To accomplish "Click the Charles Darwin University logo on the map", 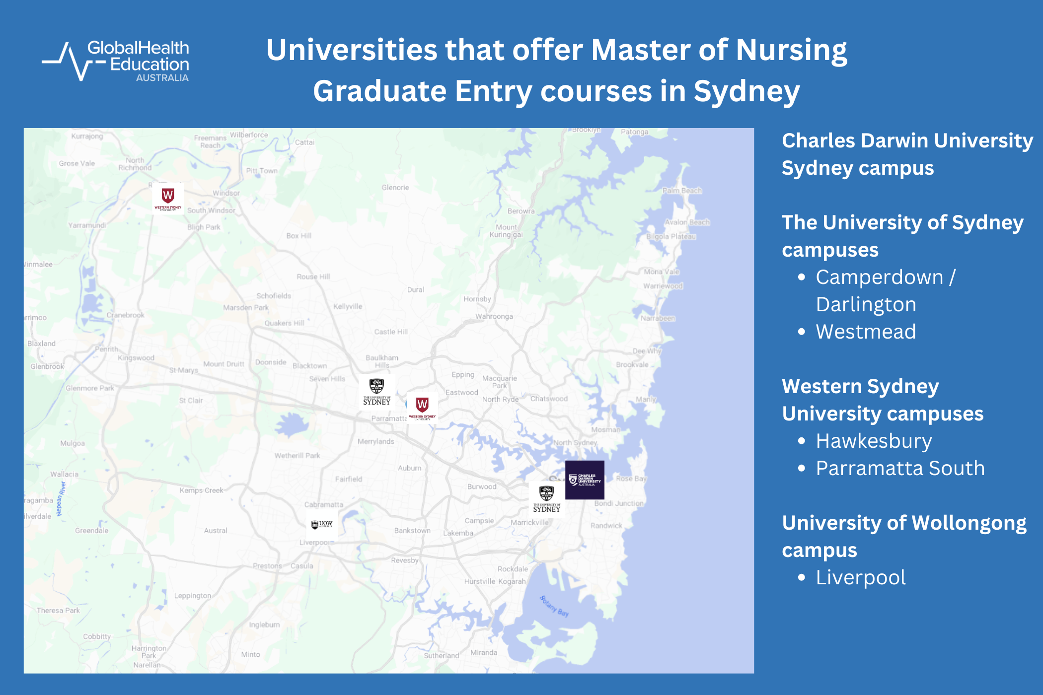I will point(585,480).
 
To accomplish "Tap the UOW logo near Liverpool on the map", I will point(322,524).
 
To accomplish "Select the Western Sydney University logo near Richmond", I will point(168,198).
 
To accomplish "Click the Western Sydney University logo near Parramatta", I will point(422,408).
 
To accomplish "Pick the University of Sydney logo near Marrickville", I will point(546,499).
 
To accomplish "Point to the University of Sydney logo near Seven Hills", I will point(376,392).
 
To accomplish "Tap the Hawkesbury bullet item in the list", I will point(874,441).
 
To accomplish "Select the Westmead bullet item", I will point(866,332).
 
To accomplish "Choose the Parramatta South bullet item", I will point(900,468).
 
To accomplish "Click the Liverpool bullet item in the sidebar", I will point(861,577).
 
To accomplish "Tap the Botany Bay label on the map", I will point(554,606).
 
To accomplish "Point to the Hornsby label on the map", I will point(477,299).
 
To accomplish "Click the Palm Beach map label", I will point(682,191).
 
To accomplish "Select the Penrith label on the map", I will point(107,349).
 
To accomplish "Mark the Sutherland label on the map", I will point(441,655).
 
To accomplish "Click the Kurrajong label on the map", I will point(87,136).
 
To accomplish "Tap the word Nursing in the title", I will point(791,51).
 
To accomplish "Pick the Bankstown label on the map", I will point(412,531).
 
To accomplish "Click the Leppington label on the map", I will point(192,596).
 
